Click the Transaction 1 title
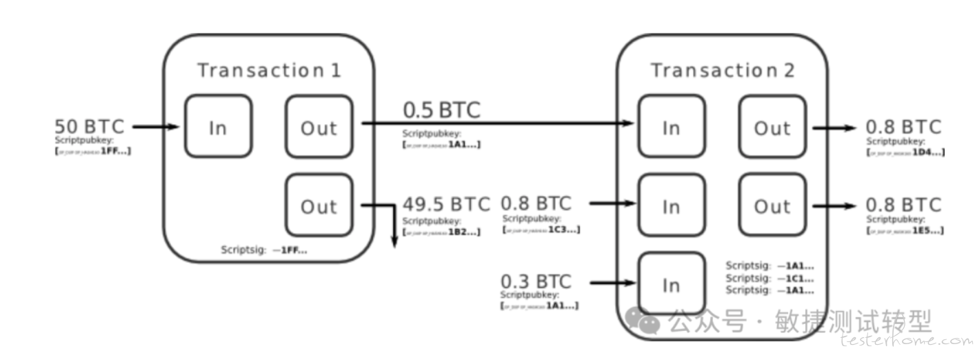coord(269,70)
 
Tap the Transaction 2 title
coord(723,70)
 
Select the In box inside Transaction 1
coord(218,128)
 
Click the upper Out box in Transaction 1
coord(319,128)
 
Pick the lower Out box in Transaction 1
coord(319,206)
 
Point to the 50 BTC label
coord(90,127)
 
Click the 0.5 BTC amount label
coord(441,110)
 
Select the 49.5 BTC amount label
coord(446,204)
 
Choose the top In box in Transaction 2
coord(671,128)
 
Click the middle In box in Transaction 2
coord(671,206)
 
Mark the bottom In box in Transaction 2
coord(671,284)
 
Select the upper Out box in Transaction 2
coord(772,128)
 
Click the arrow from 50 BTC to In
coord(156,127)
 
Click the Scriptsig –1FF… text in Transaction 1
coord(264,250)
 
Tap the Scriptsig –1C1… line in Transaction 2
coord(770,279)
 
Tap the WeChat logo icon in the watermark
coord(646,321)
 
